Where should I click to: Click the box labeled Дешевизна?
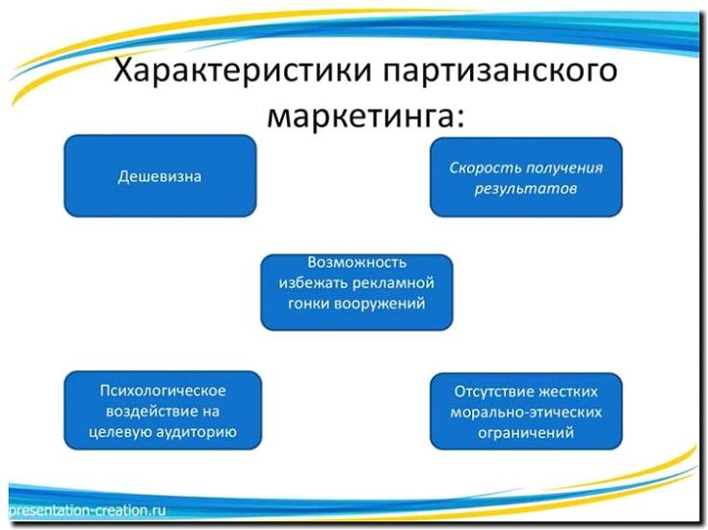click(x=160, y=176)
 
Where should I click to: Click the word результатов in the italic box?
click(x=525, y=188)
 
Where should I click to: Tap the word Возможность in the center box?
click(x=356, y=262)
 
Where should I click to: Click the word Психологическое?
click(x=163, y=390)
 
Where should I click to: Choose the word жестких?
click(x=571, y=391)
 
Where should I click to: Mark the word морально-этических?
click(x=526, y=411)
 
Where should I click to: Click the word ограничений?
click(x=526, y=433)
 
